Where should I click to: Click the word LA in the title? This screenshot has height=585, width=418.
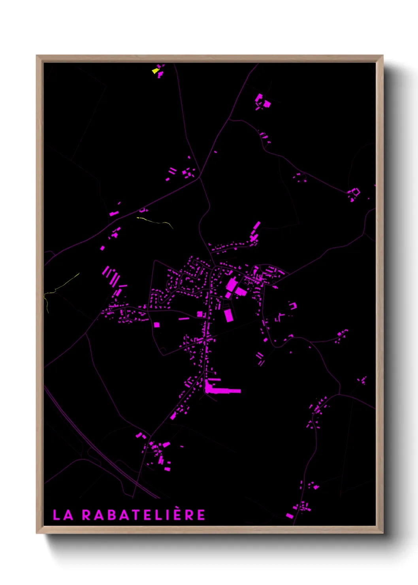pyautogui.click(x=63, y=515)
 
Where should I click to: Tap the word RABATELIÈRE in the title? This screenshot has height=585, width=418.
pyautogui.click(x=143, y=515)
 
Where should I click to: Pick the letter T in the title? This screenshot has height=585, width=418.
pyautogui.click(x=137, y=515)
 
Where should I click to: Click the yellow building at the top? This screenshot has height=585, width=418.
pyautogui.click(x=155, y=71)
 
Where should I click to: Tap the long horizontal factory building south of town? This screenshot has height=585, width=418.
pyautogui.click(x=223, y=391)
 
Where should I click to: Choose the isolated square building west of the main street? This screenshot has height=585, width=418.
pyautogui.click(x=156, y=325)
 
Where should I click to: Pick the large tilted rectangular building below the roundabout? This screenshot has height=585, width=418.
pyautogui.click(x=228, y=315)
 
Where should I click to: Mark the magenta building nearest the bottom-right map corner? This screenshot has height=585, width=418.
pyautogui.click(x=290, y=515)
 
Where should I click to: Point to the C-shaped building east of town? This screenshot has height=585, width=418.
pyautogui.click(x=293, y=306)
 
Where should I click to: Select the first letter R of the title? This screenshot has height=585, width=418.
pyautogui.click(x=87, y=515)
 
